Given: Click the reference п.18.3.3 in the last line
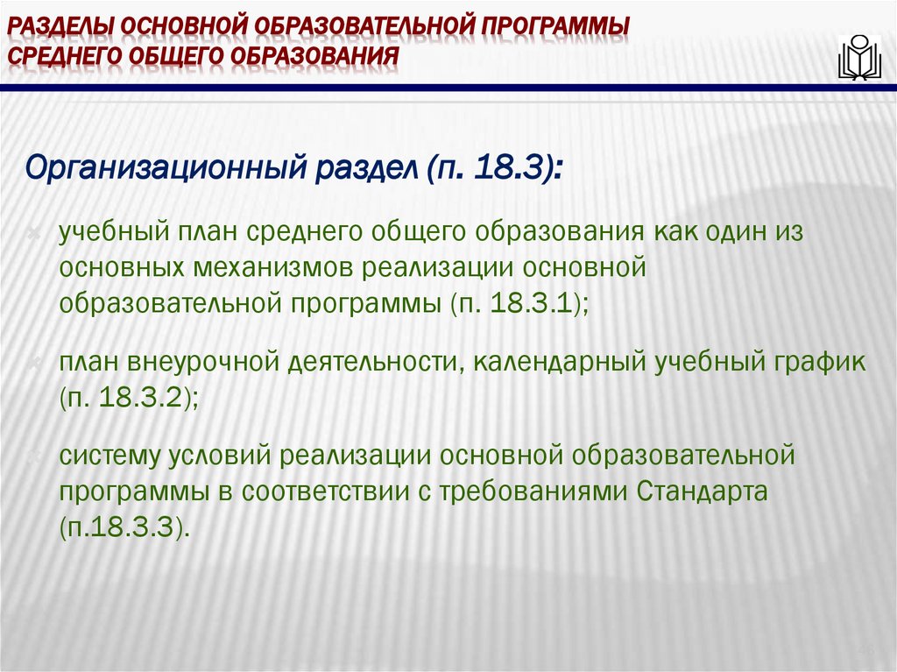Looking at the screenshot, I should coord(124,527).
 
